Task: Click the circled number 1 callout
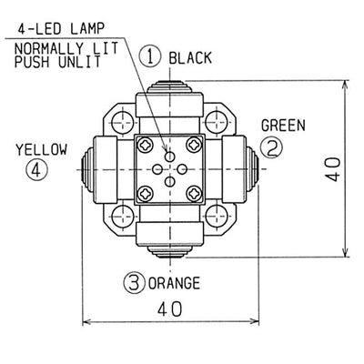click(x=150, y=57)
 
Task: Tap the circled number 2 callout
click(x=271, y=147)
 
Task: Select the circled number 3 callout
click(x=134, y=283)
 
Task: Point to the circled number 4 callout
click(x=36, y=169)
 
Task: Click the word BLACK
click(x=190, y=58)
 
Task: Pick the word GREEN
click(x=283, y=126)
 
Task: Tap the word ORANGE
click(x=174, y=283)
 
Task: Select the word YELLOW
click(x=42, y=150)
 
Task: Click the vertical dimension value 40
click(x=334, y=169)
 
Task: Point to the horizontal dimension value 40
click(x=170, y=309)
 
